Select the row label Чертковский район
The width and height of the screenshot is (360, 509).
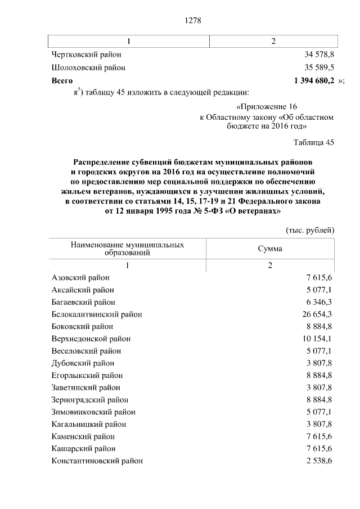(86, 55)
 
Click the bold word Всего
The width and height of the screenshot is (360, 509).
(62, 81)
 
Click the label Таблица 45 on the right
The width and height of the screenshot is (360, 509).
(314, 142)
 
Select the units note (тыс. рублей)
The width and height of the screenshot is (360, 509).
(310, 230)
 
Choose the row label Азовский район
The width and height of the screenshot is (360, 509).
(80, 278)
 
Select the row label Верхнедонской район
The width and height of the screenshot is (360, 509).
(91, 339)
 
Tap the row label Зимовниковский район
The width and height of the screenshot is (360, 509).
(93, 412)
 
